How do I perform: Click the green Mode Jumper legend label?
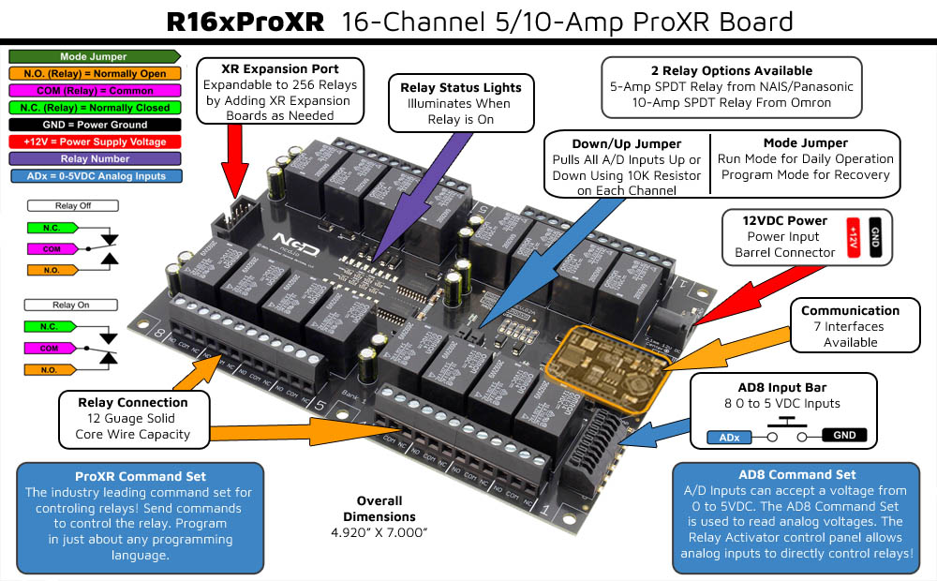(x=93, y=57)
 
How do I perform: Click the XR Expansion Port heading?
(x=280, y=69)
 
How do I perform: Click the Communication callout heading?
(x=850, y=311)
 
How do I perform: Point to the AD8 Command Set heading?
(x=796, y=474)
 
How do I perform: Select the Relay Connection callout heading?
(x=132, y=403)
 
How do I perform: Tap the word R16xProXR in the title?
(x=245, y=22)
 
